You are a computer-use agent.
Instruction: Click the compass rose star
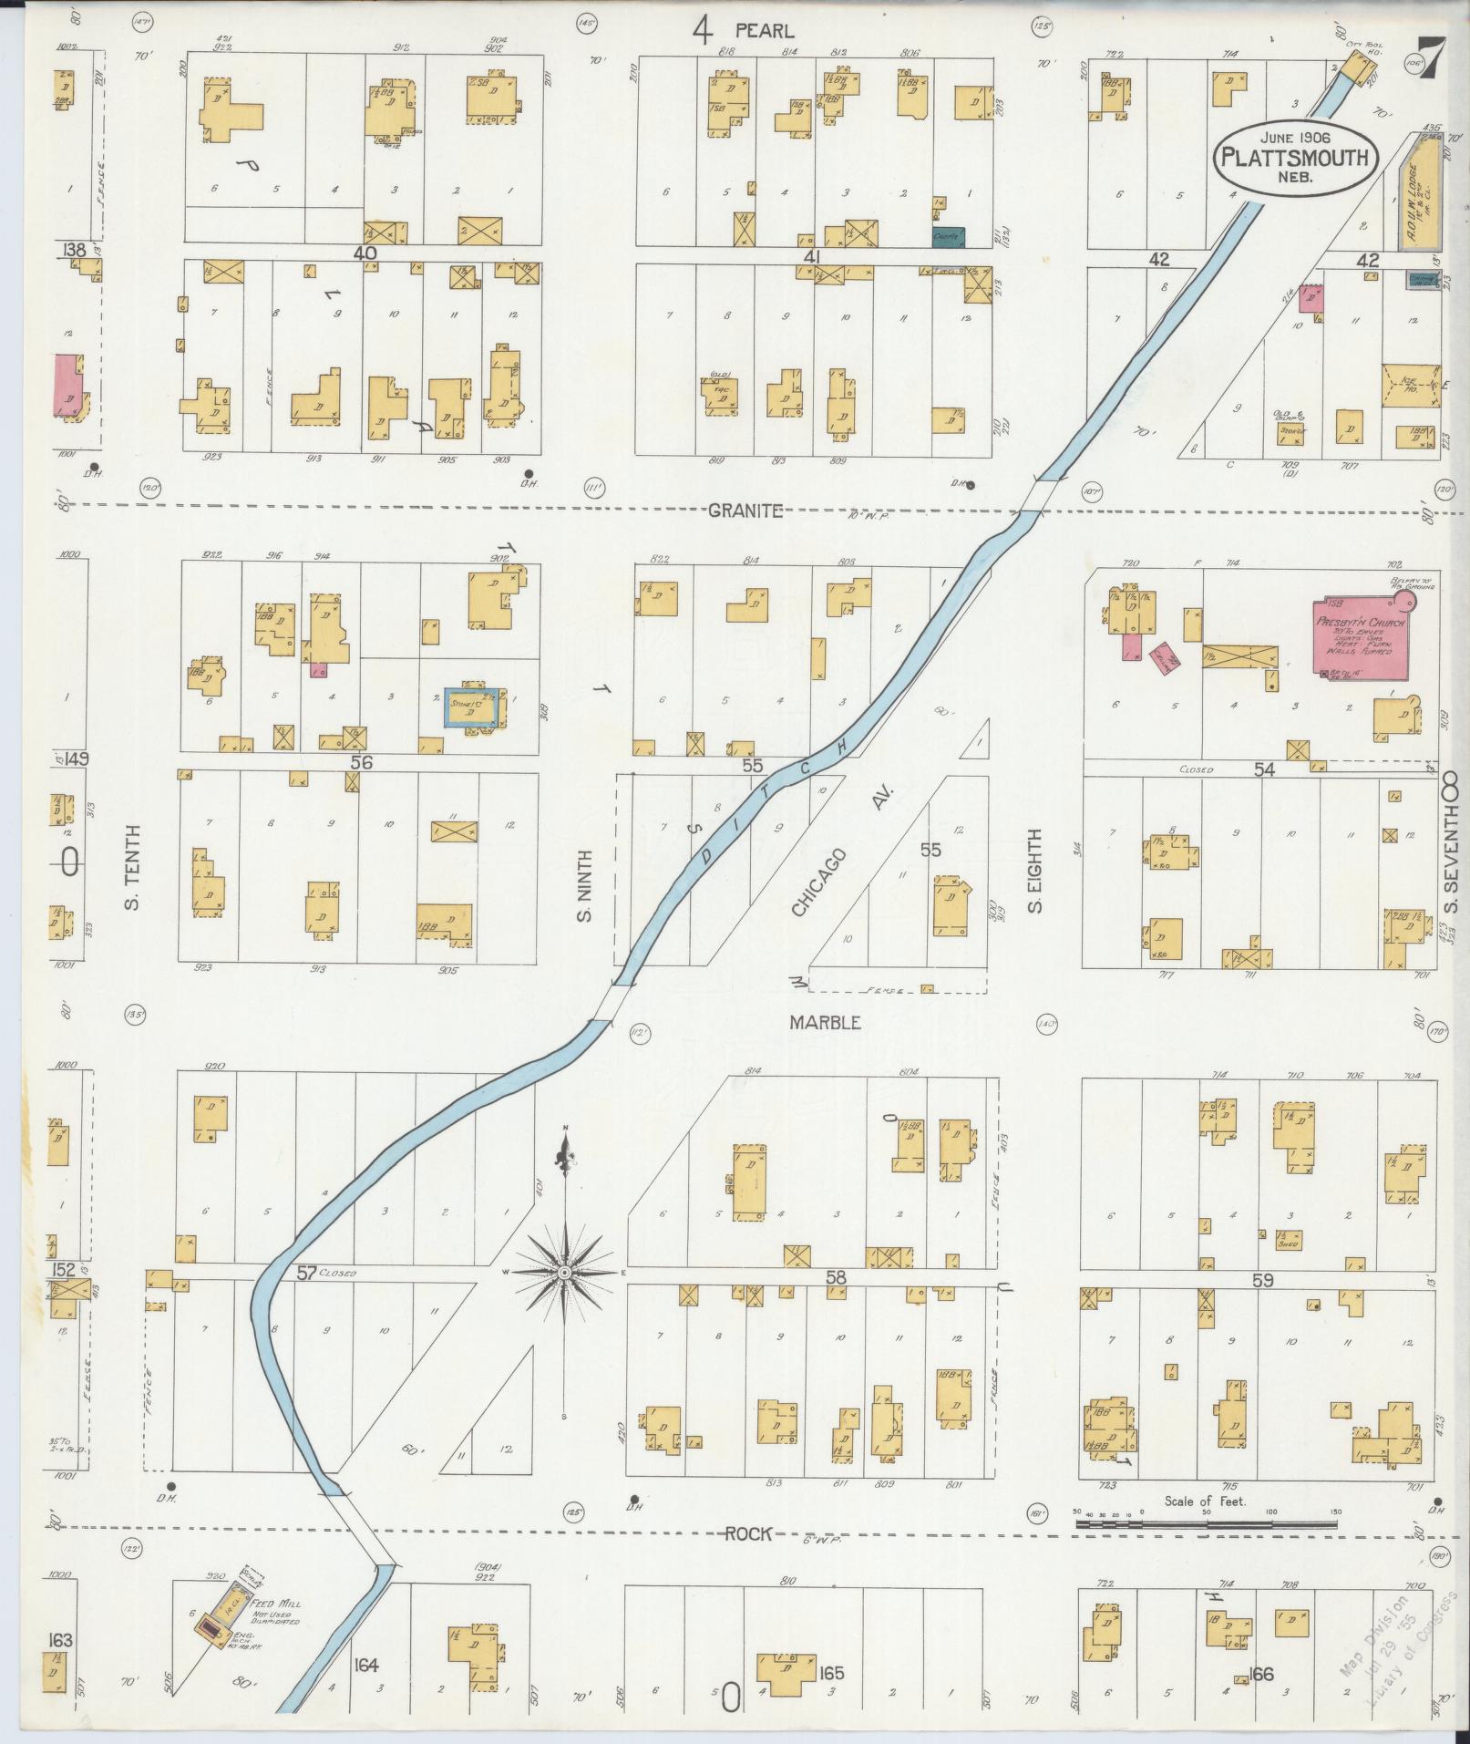pos(564,1272)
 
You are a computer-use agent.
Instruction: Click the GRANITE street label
pos(745,511)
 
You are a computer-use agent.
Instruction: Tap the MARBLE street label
pos(825,1023)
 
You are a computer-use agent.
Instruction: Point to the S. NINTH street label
pos(584,884)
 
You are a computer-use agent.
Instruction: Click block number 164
pos(366,1666)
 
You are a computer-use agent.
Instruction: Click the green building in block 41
pos(950,236)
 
